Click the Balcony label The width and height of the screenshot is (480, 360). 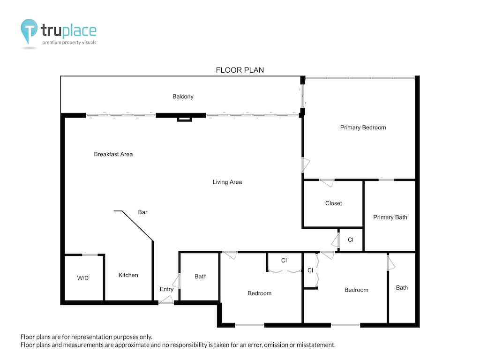[183, 97]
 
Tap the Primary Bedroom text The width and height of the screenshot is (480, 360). [363, 127]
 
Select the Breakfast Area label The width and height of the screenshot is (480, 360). [113, 154]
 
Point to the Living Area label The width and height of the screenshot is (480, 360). [227, 182]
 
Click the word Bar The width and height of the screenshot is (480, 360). [143, 212]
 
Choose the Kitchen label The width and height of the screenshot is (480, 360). [128, 275]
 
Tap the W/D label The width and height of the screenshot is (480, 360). [82, 278]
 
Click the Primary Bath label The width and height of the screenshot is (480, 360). [390, 217]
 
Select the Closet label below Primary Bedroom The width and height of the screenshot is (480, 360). [333, 203]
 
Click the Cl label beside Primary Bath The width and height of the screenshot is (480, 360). [351, 240]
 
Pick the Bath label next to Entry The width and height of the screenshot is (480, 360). [201, 277]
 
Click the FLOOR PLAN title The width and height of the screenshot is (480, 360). [240, 70]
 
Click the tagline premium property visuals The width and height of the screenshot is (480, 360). [69, 43]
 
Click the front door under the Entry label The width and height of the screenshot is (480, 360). [166, 303]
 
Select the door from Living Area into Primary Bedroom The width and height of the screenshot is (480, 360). [305, 165]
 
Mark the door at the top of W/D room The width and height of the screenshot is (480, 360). [89, 255]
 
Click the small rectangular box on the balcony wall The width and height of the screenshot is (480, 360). [184, 119]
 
